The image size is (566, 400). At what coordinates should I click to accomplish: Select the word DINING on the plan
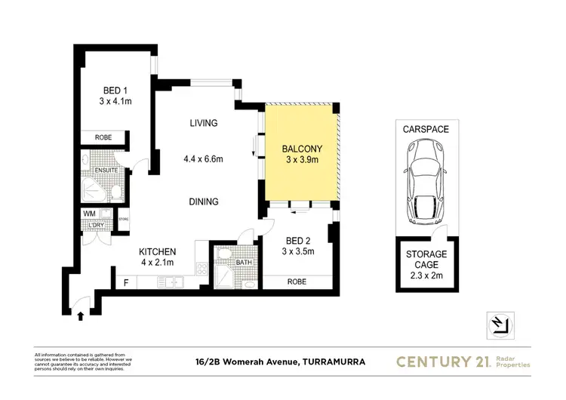tap(204, 202)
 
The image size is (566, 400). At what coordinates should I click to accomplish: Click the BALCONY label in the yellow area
tap(301, 148)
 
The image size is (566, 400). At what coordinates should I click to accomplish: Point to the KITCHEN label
tap(157, 251)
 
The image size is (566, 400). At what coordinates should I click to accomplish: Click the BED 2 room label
tap(297, 241)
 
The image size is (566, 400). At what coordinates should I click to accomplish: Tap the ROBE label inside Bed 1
tap(103, 138)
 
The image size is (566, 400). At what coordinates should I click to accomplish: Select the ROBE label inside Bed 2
tap(297, 282)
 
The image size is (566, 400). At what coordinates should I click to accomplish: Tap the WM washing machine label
tap(90, 214)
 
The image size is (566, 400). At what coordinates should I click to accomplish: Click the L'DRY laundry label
tap(96, 226)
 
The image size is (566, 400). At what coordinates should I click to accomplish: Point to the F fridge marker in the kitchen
tap(126, 283)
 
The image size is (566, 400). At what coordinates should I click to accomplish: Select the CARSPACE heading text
tap(426, 129)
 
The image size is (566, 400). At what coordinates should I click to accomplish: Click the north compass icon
tap(500, 324)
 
